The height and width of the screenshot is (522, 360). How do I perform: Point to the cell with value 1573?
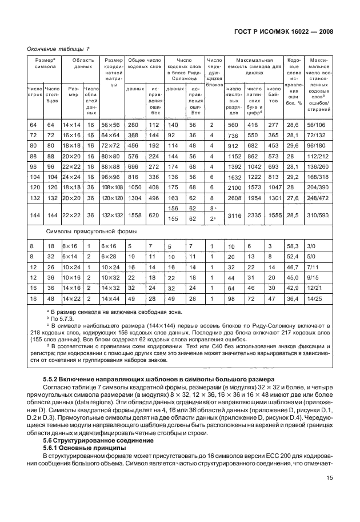coord(254,187)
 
